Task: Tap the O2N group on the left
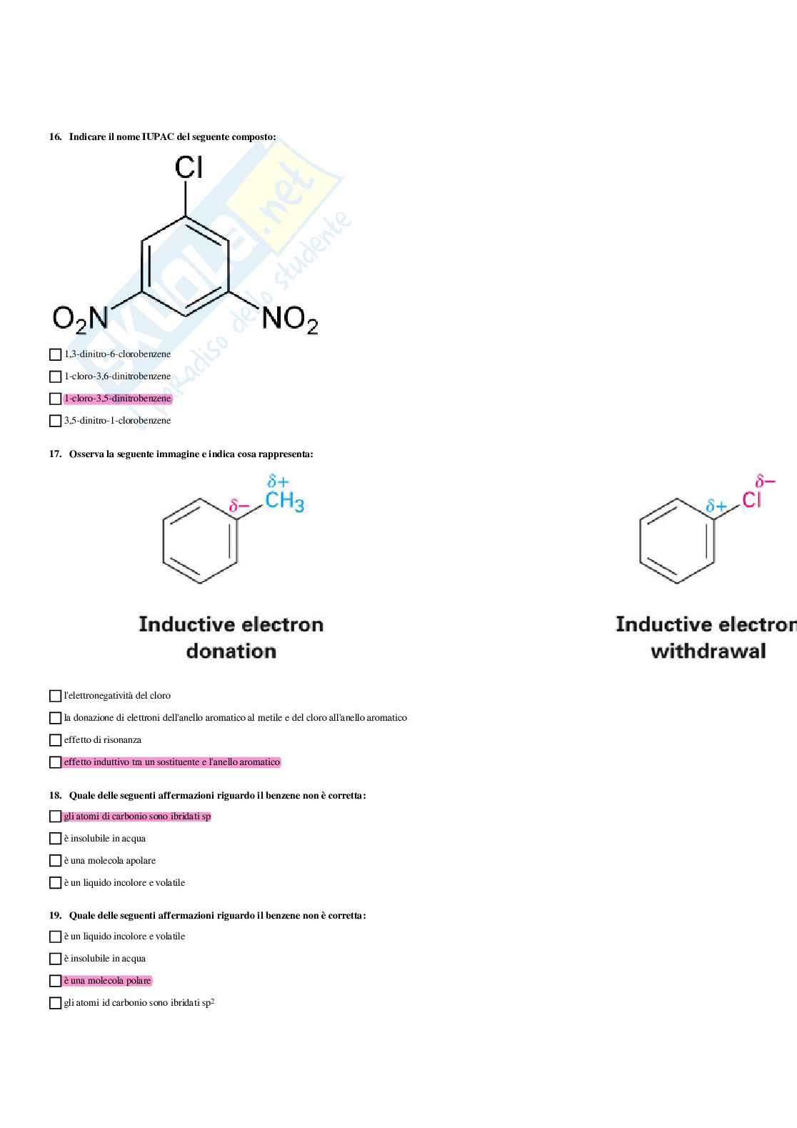click(80, 319)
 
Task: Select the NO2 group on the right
click(290, 319)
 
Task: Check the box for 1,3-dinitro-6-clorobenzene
click(56, 354)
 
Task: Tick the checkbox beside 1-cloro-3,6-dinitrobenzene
click(56, 376)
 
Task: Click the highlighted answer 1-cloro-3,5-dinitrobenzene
click(117, 399)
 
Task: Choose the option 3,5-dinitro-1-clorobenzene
click(117, 421)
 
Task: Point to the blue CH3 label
click(284, 501)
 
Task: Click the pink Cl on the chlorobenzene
click(751, 499)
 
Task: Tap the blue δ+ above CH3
click(278, 481)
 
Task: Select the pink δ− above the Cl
click(766, 481)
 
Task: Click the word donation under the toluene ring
click(231, 651)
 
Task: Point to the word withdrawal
click(708, 651)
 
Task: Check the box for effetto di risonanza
click(56, 740)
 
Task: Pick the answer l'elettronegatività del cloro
click(117, 695)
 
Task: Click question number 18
click(55, 796)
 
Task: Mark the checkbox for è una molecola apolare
click(56, 861)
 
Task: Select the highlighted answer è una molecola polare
click(107, 980)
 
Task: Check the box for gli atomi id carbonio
click(56, 1003)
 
